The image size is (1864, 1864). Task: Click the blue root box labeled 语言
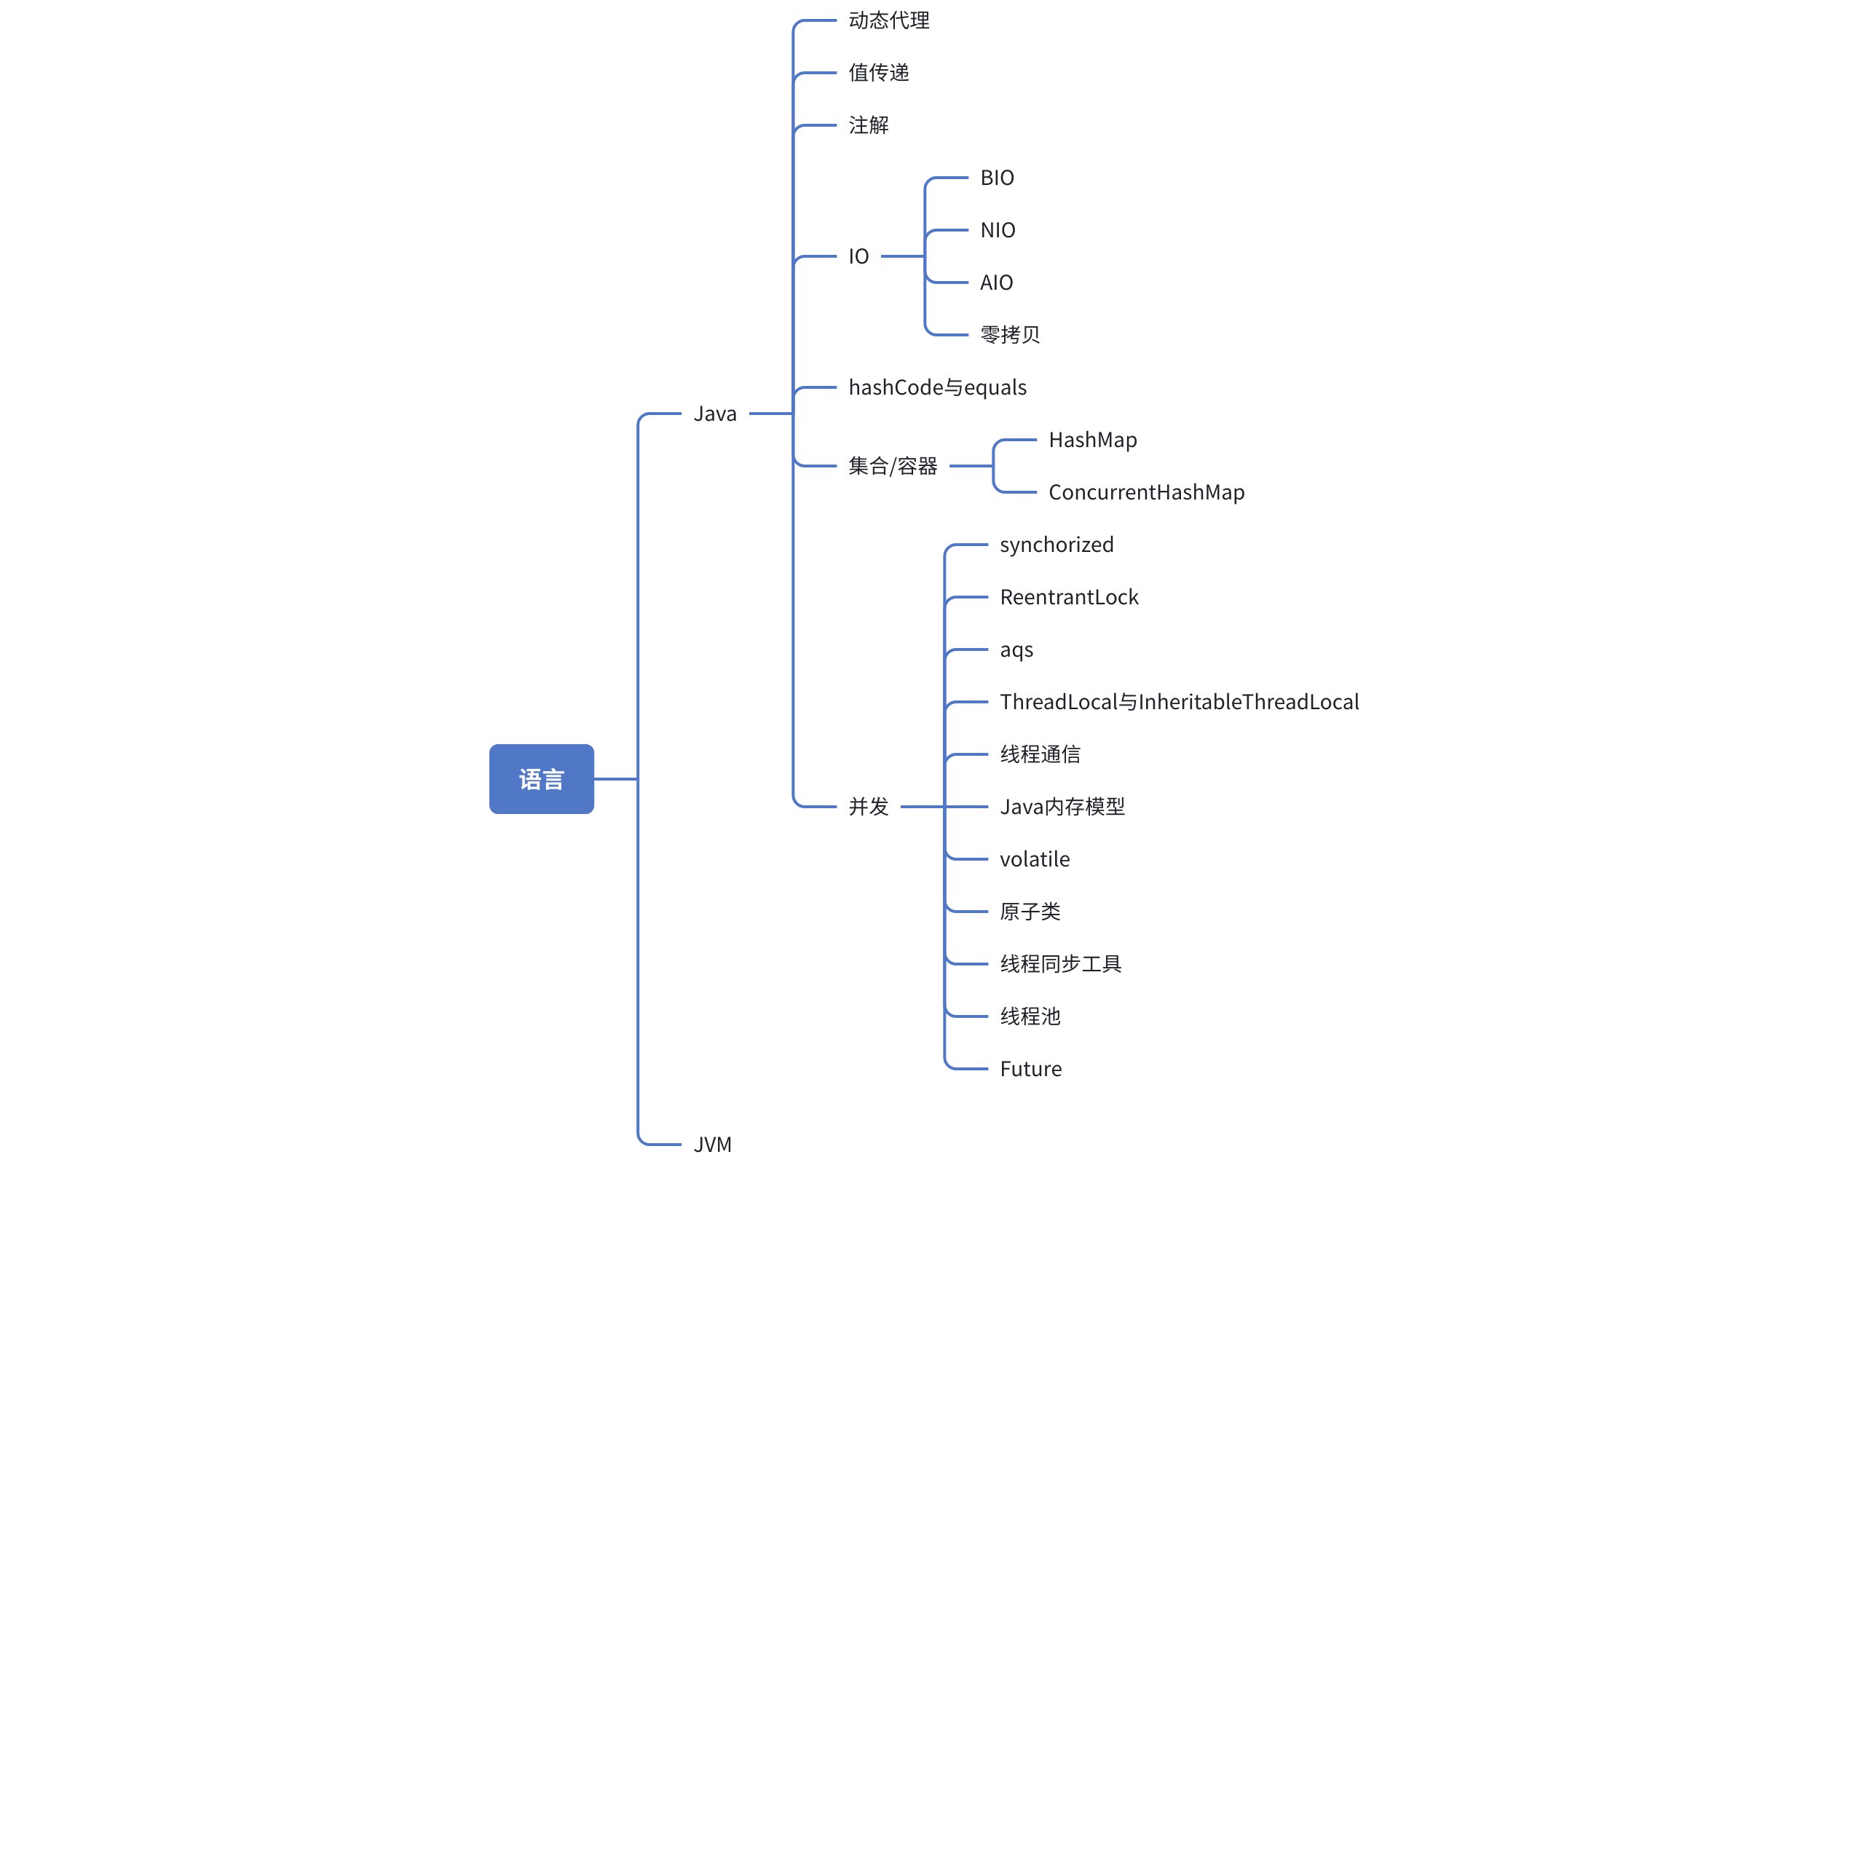(541, 778)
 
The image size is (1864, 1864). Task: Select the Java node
(715, 414)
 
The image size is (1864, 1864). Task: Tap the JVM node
(713, 1145)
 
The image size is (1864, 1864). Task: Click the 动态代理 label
(888, 20)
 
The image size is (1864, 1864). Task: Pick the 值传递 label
(879, 72)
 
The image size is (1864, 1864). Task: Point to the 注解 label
(869, 125)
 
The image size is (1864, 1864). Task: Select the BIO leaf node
(997, 178)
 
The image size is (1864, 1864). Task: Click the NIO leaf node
(998, 229)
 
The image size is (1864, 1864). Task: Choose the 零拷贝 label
(1010, 335)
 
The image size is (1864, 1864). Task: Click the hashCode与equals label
(937, 388)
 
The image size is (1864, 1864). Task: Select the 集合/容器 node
(893, 466)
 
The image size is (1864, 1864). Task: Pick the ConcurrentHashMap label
(1146, 492)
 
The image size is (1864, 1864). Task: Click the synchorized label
(1057, 545)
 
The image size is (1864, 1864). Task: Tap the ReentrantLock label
(1069, 597)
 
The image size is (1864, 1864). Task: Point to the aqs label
(1016, 650)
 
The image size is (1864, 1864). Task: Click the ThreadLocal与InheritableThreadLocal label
(1179, 703)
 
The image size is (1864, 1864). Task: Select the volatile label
(1034, 858)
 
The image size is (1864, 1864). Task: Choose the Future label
(1030, 1069)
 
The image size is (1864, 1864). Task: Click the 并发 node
(869, 807)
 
